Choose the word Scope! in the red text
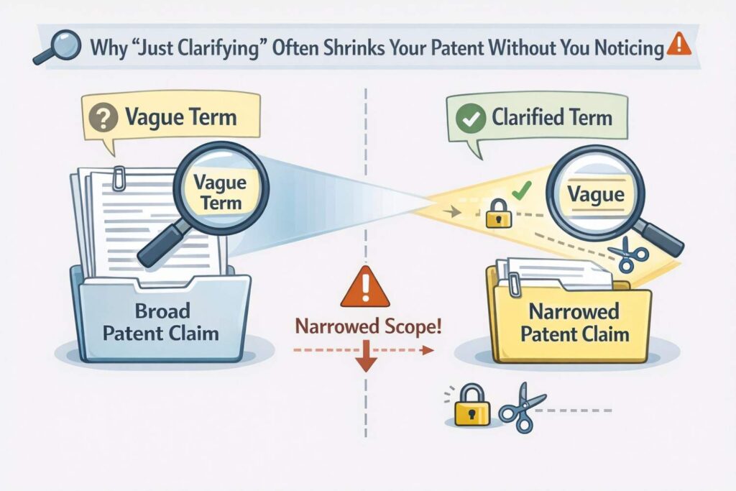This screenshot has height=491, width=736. (413, 326)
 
